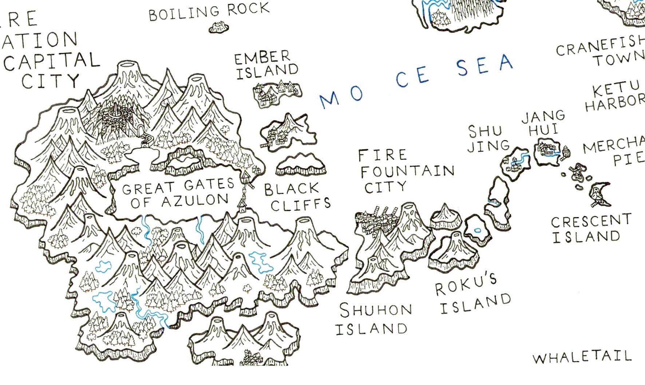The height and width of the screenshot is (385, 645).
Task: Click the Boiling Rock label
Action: point(209,12)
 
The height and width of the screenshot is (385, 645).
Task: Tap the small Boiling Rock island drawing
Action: point(219,27)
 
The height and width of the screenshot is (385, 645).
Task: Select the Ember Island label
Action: point(267,64)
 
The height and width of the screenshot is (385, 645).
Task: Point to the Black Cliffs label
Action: point(297,197)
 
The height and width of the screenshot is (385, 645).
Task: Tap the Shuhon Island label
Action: point(374,319)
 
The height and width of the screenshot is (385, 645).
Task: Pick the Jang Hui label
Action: point(543,123)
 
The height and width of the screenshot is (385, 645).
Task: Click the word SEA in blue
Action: point(484,66)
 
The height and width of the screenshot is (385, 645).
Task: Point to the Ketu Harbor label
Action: point(615,95)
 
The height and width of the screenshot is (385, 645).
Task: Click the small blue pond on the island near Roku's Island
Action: point(478,230)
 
